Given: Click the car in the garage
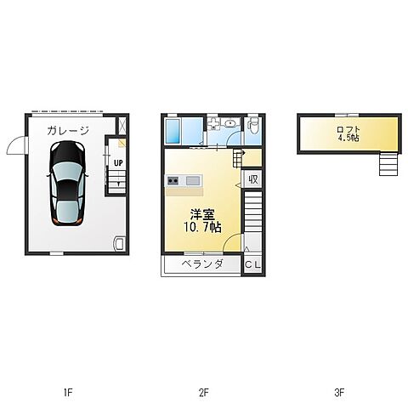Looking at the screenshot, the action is pos(67,184).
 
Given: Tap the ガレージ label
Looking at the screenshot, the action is pos(68,131).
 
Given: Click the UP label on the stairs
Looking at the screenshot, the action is pos(118,163).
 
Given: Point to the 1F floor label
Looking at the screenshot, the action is pos(68,393).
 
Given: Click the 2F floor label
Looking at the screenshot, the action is pos(204,393).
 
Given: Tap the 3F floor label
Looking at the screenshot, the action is pos(339,393).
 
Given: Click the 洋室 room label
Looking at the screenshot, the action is pos(202,214).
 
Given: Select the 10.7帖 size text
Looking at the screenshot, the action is pos(203,227).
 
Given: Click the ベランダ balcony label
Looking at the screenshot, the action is pos(202,264).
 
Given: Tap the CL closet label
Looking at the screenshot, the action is pos(252,265).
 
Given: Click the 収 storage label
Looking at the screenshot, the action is pos(253,179).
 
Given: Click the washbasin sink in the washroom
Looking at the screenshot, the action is pos(231,123).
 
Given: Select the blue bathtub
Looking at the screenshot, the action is pos(173,131).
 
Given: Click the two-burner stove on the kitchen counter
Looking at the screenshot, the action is pos(173,180).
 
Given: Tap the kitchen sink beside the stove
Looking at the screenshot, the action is pos(193,180).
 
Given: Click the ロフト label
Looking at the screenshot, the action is pos(348,130).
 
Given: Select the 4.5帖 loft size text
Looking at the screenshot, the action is pos(348,138).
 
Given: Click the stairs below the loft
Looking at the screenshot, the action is pos(388,164).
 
